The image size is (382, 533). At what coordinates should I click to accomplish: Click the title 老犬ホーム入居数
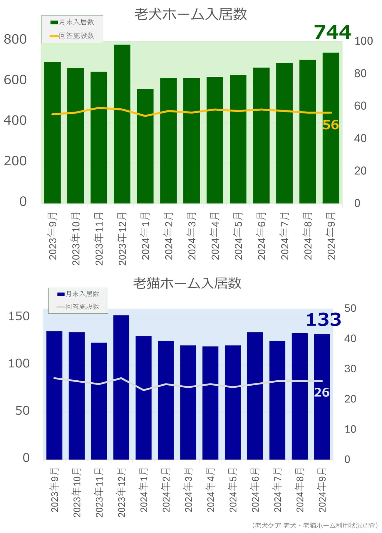190,14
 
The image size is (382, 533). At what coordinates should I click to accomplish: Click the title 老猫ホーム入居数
187,283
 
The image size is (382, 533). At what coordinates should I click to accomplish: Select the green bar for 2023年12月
122,124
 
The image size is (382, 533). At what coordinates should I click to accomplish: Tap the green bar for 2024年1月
145,146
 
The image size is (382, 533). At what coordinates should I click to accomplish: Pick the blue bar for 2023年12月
121,387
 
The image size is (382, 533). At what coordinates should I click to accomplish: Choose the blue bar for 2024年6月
255,396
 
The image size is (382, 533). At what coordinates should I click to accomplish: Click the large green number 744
332,32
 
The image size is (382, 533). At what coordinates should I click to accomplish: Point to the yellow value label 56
331,125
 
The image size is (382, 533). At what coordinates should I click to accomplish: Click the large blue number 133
323,320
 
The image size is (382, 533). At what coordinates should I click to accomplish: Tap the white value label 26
322,393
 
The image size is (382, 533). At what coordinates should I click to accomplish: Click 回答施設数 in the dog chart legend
76,36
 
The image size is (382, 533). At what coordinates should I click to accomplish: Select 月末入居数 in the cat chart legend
82,294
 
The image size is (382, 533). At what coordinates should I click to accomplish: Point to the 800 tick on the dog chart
15,39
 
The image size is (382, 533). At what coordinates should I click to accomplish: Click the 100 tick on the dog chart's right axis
363,41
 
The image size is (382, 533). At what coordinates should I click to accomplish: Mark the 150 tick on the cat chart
19,316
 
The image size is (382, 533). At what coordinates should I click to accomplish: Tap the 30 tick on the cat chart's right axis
350,369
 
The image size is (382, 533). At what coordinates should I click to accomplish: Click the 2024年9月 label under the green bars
331,236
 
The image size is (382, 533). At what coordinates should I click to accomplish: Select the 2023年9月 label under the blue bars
55,490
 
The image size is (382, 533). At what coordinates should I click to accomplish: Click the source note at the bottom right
315,525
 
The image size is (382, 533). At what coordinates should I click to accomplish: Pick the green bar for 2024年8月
308,132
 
